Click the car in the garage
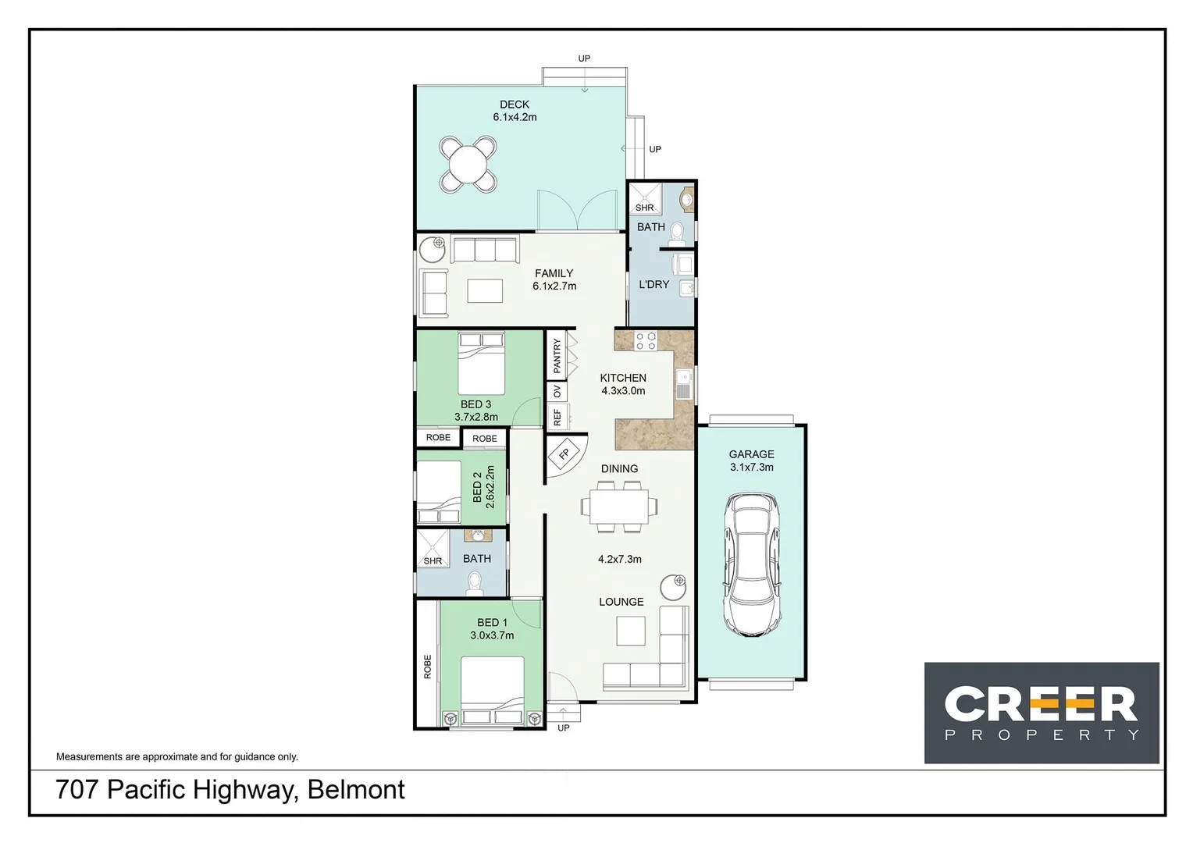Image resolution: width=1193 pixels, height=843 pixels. coord(751,564)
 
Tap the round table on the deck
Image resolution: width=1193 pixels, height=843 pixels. coord(468,165)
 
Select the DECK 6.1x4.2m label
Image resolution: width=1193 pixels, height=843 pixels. coord(515,111)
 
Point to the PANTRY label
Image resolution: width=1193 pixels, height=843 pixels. coord(557,355)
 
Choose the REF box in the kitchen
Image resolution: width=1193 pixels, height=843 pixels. coord(557,417)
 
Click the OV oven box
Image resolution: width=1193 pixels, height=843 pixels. coord(557,391)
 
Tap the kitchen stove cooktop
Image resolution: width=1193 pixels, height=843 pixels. coord(646,340)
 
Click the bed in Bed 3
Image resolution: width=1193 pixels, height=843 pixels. coord(481,364)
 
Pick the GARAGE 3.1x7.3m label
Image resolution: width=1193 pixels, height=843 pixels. coord(751,461)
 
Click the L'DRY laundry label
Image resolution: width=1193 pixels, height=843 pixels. coord(653,285)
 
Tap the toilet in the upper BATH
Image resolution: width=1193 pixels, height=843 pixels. coord(677,232)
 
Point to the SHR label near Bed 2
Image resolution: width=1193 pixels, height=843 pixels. coord(433,561)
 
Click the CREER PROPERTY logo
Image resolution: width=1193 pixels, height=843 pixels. coord(1041,713)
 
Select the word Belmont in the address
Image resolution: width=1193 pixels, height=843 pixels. coord(356,790)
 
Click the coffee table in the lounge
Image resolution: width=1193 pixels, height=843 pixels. coord(631,631)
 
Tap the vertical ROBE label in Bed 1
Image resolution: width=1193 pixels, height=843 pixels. coord(427,667)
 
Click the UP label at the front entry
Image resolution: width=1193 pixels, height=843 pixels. coord(564,728)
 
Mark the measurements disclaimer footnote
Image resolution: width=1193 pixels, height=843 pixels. coord(177,756)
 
